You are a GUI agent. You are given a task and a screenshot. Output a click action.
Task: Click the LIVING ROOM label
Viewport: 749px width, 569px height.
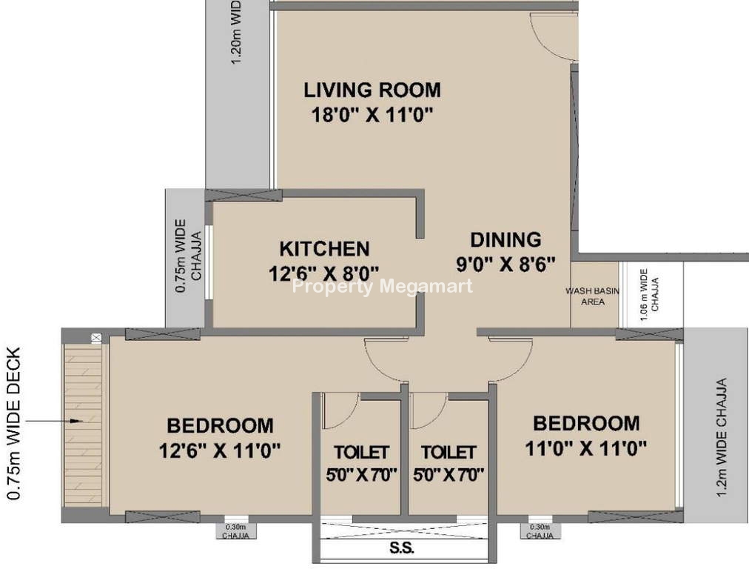pyautogui.click(x=372, y=90)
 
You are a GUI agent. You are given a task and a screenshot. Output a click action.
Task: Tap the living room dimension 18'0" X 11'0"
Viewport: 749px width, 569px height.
pyautogui.click(x=372, y=115)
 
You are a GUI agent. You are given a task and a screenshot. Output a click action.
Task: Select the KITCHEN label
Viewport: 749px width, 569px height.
pyautogui.click(x=324, y=249)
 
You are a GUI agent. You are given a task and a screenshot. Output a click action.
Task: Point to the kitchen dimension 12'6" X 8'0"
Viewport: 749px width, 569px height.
pyautogui.click(x=324, y=273)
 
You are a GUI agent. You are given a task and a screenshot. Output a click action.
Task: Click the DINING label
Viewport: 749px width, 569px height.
pyautogui.click(x=506, y=239)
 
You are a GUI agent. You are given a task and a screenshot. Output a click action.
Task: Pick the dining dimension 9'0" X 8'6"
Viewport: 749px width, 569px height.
pyautogui.click(x=506, y=264)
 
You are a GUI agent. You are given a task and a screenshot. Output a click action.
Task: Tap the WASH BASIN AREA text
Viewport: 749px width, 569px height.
pyautogui.click(x=593, y=296)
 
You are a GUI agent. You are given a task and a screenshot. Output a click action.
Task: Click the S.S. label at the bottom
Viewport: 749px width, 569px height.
pyautogui.click(x=402, y=548)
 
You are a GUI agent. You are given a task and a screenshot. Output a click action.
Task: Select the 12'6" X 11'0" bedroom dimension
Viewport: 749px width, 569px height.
pyautogui.click(x=220, y=450)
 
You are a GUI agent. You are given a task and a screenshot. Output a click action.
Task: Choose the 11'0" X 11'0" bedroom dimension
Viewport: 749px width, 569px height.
pyautogui.click(x=586, y=448)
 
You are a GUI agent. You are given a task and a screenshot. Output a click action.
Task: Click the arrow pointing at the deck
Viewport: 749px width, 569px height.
pyautogui.click(x=54, y=421)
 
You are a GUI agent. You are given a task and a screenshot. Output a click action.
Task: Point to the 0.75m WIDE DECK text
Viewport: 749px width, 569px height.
pyautogui.click(x=14, y=424)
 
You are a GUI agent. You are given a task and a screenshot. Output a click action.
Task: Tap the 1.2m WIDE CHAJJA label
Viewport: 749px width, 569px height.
pyautogui.click(x=722, y=437)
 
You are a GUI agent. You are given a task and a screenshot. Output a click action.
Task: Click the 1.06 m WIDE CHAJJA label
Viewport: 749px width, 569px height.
pyautogui.click(x=649, y=294)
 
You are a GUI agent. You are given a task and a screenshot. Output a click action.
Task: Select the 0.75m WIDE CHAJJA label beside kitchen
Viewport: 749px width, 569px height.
pyautogui.click(x=188, y=256)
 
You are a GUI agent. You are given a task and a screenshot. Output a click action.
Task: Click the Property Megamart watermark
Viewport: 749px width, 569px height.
pyautogui.click(x=382, y=287)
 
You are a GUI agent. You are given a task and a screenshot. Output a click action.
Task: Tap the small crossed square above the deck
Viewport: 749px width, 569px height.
pyautogui.click(x=96, y=338)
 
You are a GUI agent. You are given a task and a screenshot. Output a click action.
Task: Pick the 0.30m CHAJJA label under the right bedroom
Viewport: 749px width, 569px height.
pyautogui.click(x=540, y=530)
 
